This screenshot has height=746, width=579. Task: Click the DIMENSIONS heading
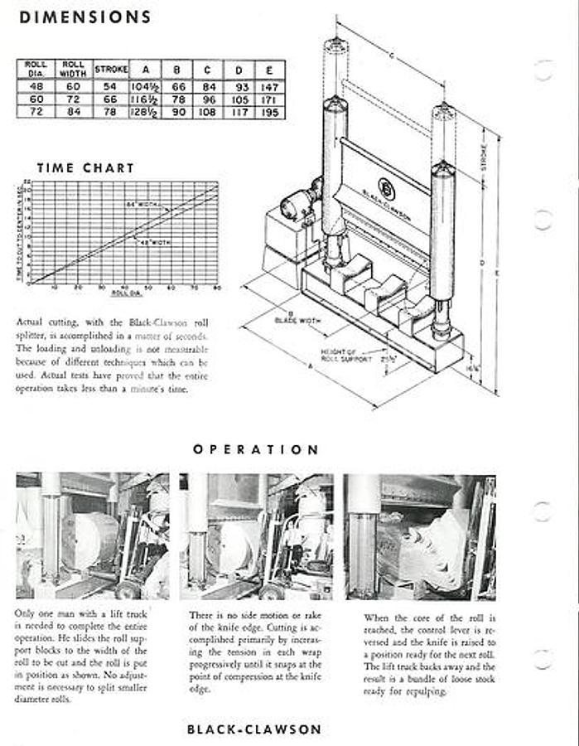[84, 17]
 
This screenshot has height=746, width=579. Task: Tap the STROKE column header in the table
[110, 69]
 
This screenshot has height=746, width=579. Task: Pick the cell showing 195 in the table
[271, 112]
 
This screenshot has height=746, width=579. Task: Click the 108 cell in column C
[207, 112]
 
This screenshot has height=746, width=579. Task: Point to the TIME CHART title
[85, 167]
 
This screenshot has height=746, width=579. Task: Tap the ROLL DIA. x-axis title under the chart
[123, 293]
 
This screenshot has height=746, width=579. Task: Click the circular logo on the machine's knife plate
[386, 188]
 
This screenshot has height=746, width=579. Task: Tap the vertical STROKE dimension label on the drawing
[484, 157]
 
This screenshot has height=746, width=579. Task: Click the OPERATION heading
[256, 449]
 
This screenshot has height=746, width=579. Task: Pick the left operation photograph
[92, 536]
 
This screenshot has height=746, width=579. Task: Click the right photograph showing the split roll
[420, 536]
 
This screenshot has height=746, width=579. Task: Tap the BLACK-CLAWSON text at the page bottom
[253, 729]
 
